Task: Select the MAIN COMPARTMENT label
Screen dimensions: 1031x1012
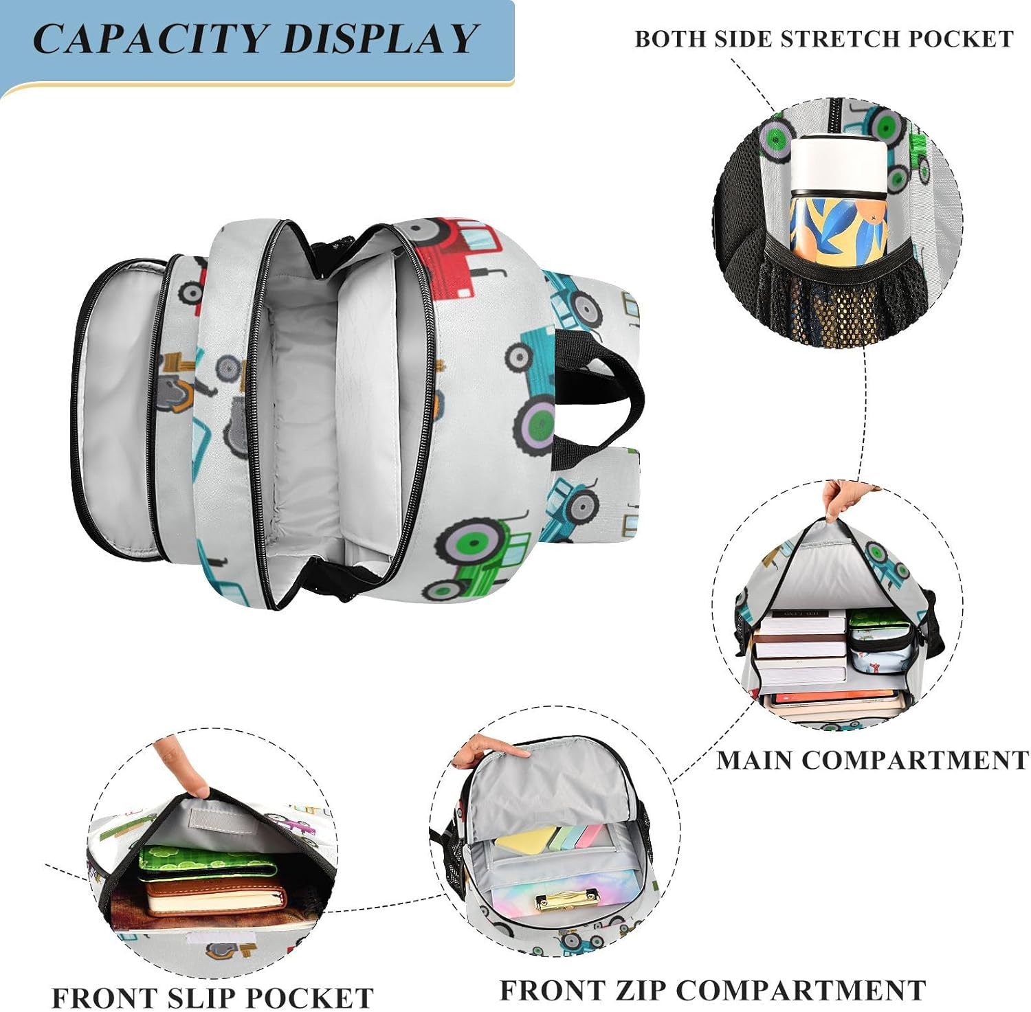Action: [872, 760]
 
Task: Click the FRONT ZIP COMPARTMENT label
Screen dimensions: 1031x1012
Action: [711, 990]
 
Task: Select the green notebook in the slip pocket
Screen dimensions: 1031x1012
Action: [206, 864]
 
